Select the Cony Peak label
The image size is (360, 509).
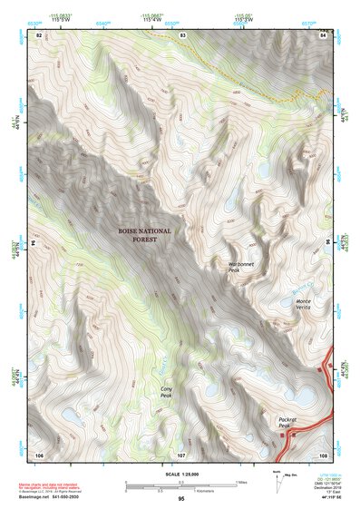coord(166,391)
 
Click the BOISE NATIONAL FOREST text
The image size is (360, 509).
coord(144,236)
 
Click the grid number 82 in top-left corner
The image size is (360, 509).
coord(39,34)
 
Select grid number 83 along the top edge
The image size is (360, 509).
coord(182,34)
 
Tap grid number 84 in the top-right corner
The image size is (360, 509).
coord(322,34)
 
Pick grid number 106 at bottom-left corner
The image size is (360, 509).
coord(39,453)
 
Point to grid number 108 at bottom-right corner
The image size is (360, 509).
coord(322,453)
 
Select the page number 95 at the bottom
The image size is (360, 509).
coord(180,500)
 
